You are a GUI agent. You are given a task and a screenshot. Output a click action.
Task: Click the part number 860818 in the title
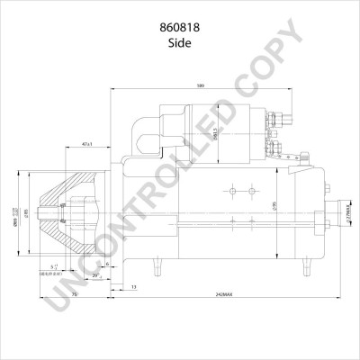click(180, 27)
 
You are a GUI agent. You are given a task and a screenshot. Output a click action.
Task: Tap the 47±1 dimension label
click(87, 144)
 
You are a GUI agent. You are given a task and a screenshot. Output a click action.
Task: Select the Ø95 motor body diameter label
click(277, 205)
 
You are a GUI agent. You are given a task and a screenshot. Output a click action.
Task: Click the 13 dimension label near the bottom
click(135, 286)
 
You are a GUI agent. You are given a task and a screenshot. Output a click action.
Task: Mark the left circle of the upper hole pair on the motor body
click(230, 190)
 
